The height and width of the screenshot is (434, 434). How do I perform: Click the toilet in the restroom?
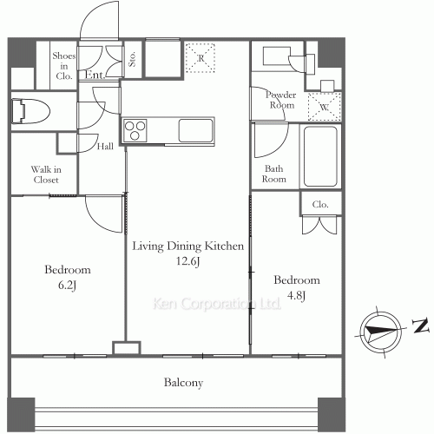coord(30,111)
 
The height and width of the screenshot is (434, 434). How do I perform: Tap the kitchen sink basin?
coord(196,130)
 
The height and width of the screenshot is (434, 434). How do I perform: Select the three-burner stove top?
coord(135,131)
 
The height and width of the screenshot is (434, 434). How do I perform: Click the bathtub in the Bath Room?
coord(320,157)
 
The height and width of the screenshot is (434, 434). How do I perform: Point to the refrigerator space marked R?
coord(201,58)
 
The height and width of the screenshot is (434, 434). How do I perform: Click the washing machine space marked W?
coord(325,107)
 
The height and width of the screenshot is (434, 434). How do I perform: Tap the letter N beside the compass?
coord(420,325)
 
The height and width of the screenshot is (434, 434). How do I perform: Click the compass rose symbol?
coord(381,332)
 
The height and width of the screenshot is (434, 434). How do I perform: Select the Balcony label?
coord(183,383)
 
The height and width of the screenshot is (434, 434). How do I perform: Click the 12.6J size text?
coord(188,261)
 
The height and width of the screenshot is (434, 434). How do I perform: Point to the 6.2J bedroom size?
coord(67,286)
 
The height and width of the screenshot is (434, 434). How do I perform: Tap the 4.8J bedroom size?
coord(297,295)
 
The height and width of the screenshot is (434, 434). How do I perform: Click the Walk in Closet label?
coord(46,174)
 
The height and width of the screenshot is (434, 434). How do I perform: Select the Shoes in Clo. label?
coord(64,66)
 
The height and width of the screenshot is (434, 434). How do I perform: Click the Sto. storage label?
coord(132,59)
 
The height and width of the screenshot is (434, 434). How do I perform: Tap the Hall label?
coord(105,147)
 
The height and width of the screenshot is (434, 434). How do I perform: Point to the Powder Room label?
coord(281,100)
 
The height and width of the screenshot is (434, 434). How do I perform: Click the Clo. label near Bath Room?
coord(320,205)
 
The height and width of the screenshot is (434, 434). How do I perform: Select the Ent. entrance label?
coord(95,75)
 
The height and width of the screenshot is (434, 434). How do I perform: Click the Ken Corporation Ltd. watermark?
coord(216,304)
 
